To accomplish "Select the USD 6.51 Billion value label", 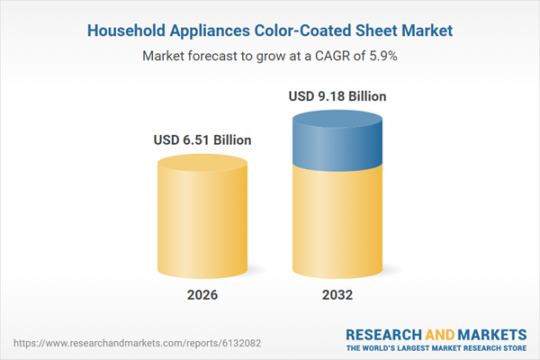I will pos(201,139).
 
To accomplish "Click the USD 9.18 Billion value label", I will pos(338,94).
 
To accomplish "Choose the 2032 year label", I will pos(338,295).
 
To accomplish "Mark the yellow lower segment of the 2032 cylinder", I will pos(338,225).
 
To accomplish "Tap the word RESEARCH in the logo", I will pos(384,331).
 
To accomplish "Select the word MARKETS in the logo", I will pos(484,331).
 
